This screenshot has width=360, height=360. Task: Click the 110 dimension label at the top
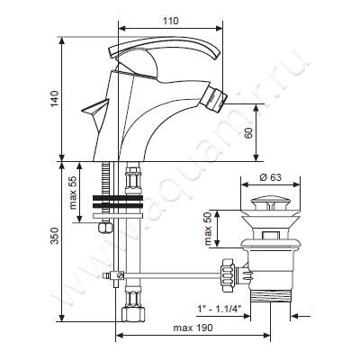[x=171, y=21]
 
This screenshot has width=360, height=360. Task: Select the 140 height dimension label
[x=55, y=98]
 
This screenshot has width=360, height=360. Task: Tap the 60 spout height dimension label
[x=248, y=132]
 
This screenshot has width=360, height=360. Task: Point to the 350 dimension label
[x=55, y=236]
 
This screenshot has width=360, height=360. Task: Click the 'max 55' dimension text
[x=73, y=192]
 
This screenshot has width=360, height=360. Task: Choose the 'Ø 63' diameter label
[x=270, y=177]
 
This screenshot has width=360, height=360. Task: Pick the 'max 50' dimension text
[x=208, y=229]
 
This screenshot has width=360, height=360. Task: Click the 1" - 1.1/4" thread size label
[x=220, y=309]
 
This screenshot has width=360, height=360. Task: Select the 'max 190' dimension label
[x=193, y=328]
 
